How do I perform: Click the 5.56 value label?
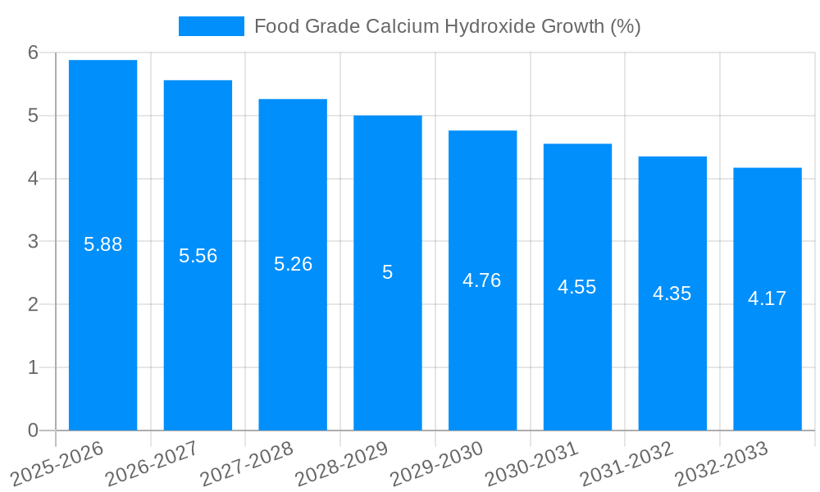[x=198, y=256]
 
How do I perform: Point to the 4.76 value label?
[x=482, y=280]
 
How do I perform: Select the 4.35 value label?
[x=672, y=294]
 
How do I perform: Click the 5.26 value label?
[x=293, y=264]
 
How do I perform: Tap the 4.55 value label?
[x=577, y=287]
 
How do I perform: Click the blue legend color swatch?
[x=212, y=26]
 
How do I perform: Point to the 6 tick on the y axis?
[x=33, y=52]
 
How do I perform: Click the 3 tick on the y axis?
[x=33, y=242]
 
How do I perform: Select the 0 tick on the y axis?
[x=33, y=430]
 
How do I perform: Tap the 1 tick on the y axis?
[x=33, y=367]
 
